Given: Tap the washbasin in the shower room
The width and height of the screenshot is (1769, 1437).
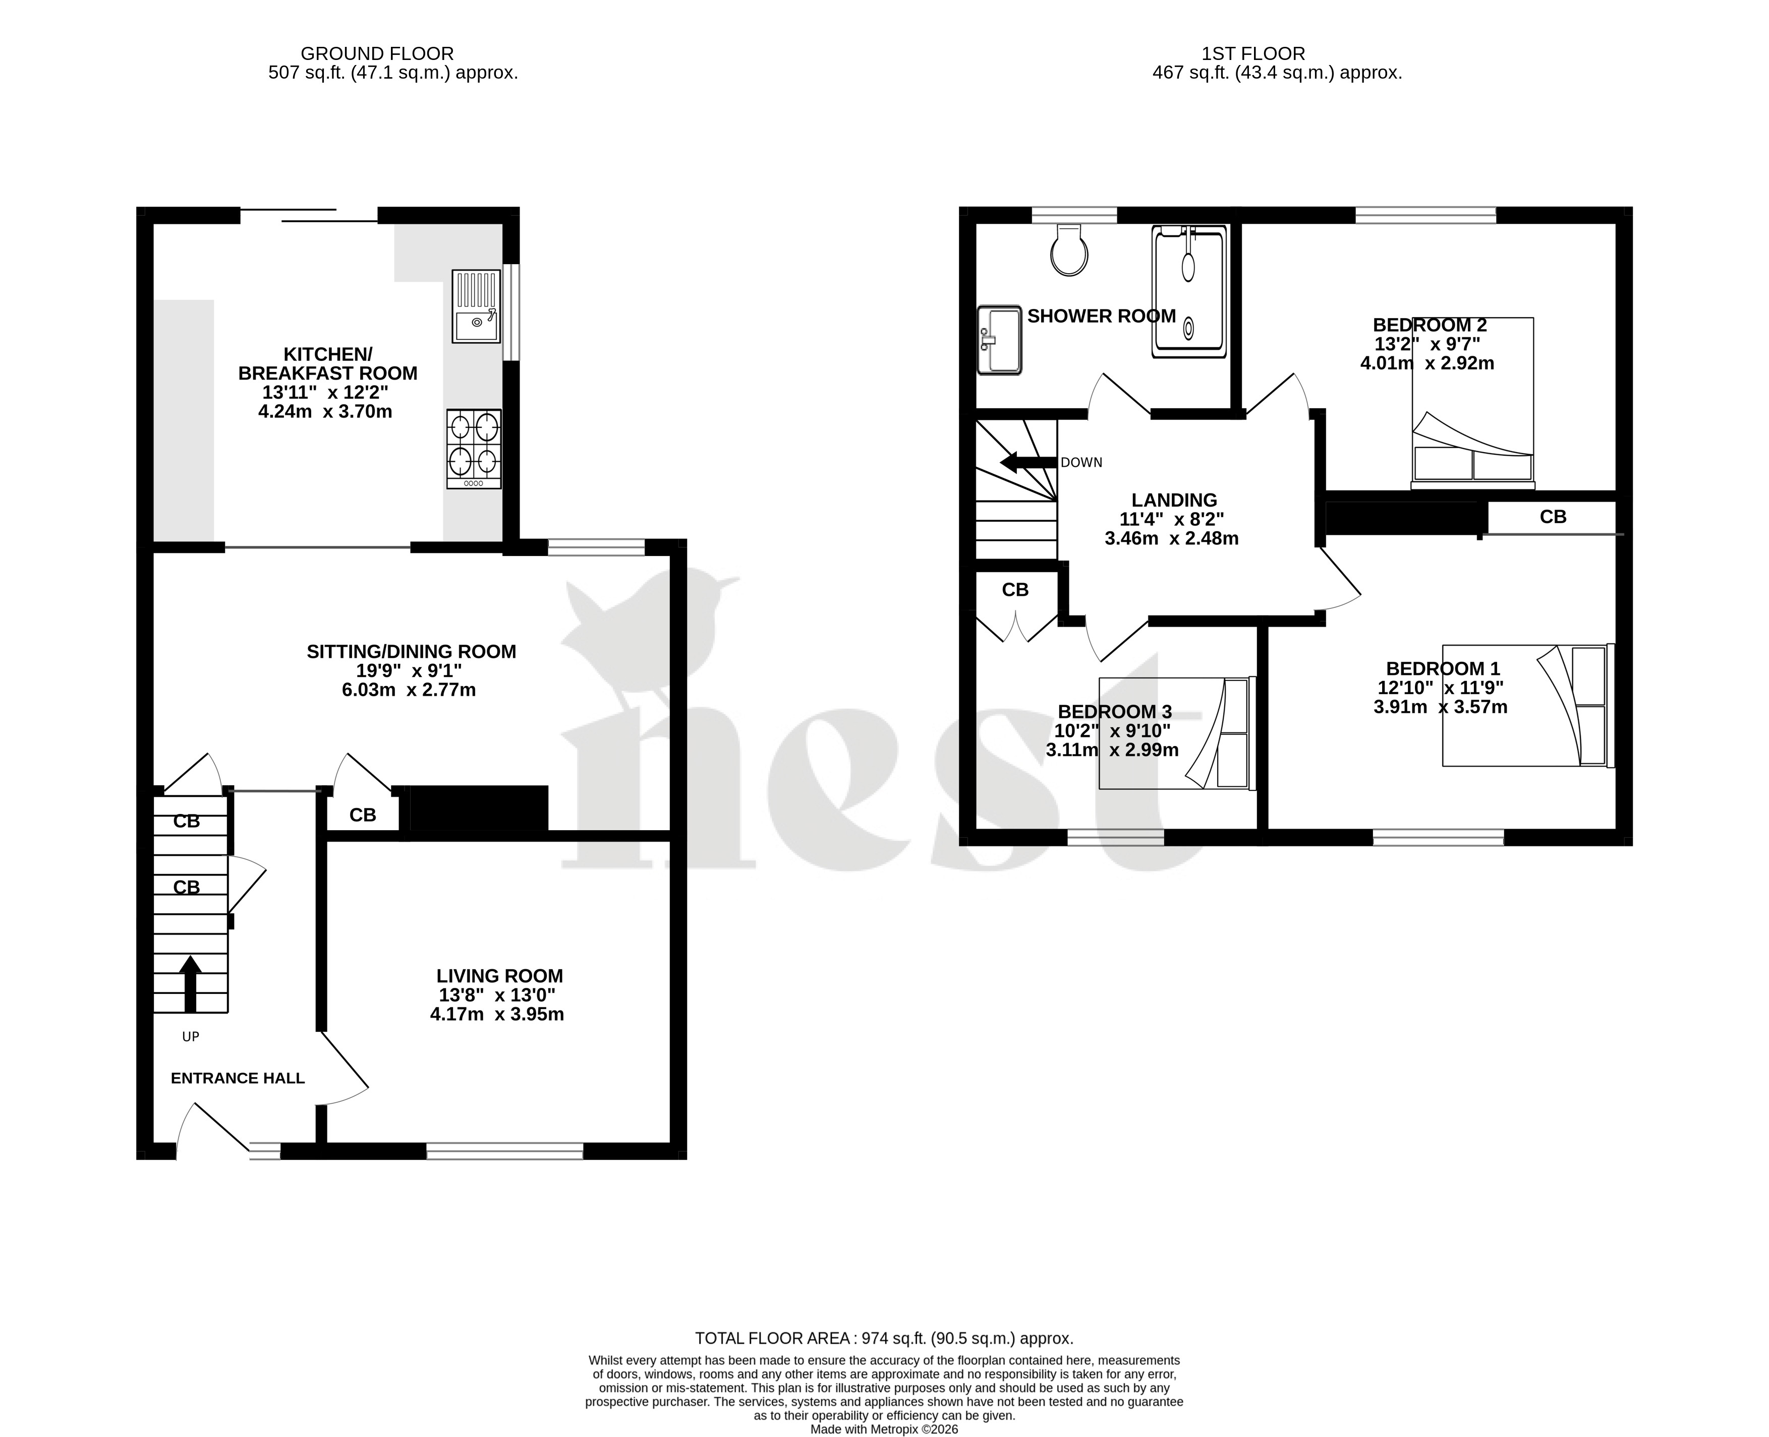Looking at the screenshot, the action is (x=1000, y=340).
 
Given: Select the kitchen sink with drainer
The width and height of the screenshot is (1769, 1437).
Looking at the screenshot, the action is (x=476, y=306).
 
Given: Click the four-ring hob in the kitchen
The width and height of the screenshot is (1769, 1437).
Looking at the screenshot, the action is (x=474, y=449).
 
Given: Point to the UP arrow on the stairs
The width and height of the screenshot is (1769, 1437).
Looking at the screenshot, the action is (x=191, y=983).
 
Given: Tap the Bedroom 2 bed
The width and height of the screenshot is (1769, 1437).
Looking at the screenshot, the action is (x=1472, y=403).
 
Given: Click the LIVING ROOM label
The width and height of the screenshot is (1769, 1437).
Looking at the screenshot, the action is (x=499, y=976).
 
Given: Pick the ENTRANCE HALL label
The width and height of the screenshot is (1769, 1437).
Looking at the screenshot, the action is (x=238, y=1078).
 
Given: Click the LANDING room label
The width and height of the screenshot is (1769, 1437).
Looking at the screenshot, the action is (x=1174, y=500).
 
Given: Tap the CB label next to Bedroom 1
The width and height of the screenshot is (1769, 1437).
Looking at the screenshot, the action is (x=1553, y=517).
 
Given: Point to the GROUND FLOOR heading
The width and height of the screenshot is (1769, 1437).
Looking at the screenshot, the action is (x=377, y=54).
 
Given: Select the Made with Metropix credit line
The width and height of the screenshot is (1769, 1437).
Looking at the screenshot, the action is (x=884, y=1429).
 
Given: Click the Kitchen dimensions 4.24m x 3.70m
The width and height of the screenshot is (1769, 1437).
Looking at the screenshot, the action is (x=325, y=411).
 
